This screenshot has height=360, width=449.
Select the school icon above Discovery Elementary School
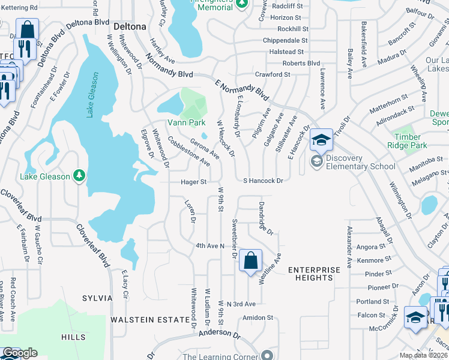(321, 141)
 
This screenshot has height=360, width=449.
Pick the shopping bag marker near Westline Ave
(251, 261)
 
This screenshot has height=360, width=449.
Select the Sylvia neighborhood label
(97, 298)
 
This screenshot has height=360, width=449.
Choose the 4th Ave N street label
(210, 246)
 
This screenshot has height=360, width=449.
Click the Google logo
(20, 353)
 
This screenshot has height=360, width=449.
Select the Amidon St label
(258, 317)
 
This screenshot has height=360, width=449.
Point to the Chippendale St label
(286, 41)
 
